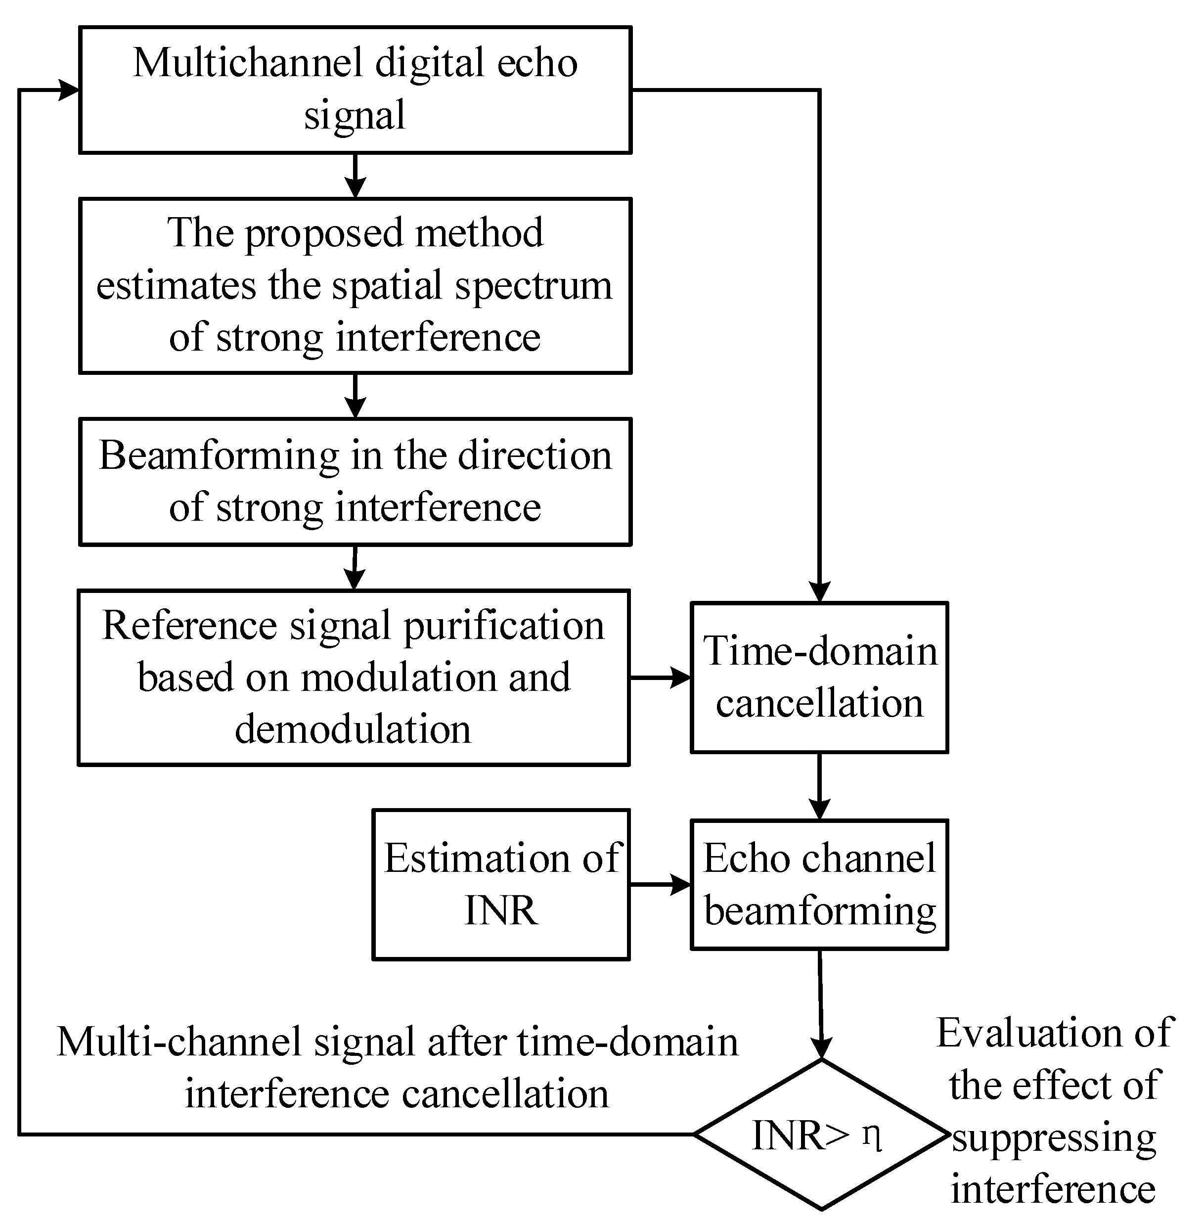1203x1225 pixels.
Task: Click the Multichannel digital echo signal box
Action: pyautogui.click(x=355, y=90)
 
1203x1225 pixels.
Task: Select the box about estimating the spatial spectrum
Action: pyautogui.click(x=355, y=286)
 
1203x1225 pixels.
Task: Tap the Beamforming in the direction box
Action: pyautogui.click(x=355, y=481)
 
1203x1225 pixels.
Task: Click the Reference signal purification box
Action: pyautogui.click(x=354, y=678)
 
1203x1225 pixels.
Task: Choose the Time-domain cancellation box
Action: pyautogui.click(x=819, y=678)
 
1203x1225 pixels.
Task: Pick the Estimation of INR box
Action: pyautogui.click(x=501, y=884)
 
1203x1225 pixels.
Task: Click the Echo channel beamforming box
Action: pyautogui.click(x=819, y=884)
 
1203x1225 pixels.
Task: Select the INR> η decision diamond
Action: pyautogui.click(x=821, y=1134)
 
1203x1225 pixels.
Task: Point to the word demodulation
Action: pyautogui.click(x=353, y=729)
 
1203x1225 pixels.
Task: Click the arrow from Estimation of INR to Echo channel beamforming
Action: pyautogui.click(x=660, y=884)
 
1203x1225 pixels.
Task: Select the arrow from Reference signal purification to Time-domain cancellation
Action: pyautogui.click(x=660, y=678)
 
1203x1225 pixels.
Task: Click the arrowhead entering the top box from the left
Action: pyautogui.click(x=68, y=90)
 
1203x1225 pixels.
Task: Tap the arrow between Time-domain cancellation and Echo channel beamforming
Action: pyautogui.click(x=819, y=787)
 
